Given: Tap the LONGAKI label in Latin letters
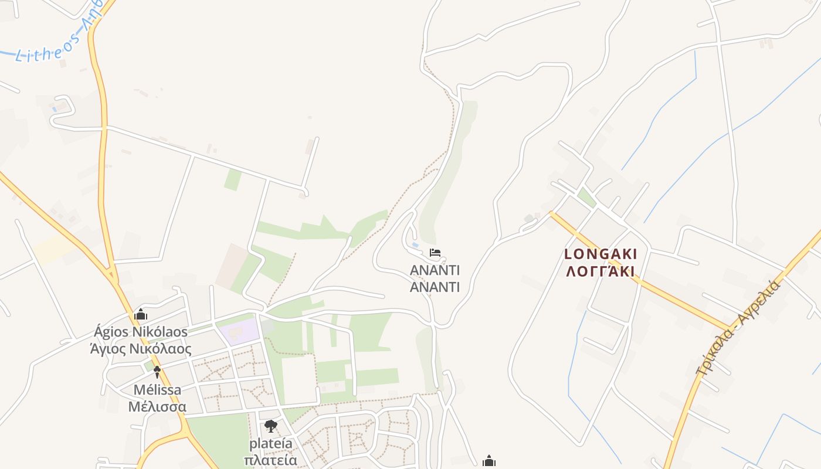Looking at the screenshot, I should tap(601, 254).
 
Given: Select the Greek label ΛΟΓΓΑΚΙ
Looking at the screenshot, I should tap(601, 271).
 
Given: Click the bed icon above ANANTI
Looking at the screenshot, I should tap(435, 253).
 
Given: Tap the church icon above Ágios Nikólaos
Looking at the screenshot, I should tap(140, 315).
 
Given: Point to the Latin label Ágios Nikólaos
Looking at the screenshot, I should tap(140, 332).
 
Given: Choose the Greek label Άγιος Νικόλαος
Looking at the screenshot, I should tap(140, 349).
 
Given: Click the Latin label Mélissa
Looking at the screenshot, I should tap(157, 390).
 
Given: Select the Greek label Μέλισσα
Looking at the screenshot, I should tap(157, 407).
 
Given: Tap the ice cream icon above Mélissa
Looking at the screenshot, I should tap(157, 371).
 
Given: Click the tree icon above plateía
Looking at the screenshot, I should tap(270, 426).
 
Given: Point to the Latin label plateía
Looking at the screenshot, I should tap(270, 443).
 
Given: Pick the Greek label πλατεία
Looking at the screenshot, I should tap(270, 460).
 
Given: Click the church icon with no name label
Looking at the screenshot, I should tap(488, 461).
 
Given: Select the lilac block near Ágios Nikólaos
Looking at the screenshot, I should tap(240, 331).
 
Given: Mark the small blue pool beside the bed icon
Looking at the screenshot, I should tap(415, 244).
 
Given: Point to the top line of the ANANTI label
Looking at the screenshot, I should tap(435, 270).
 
